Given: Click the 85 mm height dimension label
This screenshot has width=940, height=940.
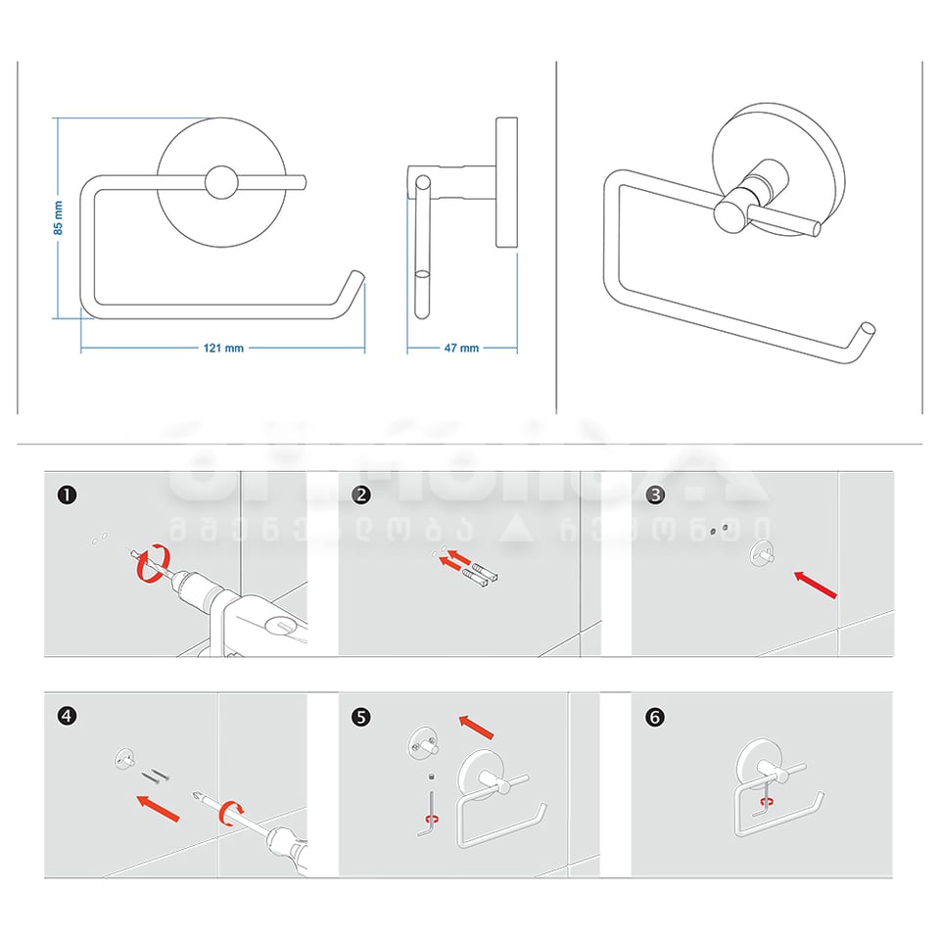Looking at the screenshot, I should [x=59, y=217].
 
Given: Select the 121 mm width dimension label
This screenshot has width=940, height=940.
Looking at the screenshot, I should [x=224, y=349].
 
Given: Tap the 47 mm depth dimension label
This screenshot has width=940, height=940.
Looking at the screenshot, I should [x=462, y=349].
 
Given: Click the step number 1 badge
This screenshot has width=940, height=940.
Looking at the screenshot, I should [x=67, y=495].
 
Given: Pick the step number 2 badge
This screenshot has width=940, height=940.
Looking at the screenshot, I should [x=361, y=495].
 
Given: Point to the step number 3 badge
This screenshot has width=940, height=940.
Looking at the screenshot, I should [x=655, y=495].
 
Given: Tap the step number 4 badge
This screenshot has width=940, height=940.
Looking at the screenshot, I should [x=67, y=716].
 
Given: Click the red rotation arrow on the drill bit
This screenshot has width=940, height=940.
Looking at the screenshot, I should [x=147, y=566].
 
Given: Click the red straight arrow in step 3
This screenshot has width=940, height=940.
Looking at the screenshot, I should [x=816, y=584].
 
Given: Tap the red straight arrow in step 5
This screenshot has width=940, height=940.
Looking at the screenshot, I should [x=478, y=727].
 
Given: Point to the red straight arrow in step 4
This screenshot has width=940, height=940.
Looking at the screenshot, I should [x=158, y=808].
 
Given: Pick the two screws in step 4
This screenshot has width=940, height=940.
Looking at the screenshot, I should [x=155, y=776].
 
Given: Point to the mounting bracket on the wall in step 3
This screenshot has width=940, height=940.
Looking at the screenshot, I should [x=761, y=555].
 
